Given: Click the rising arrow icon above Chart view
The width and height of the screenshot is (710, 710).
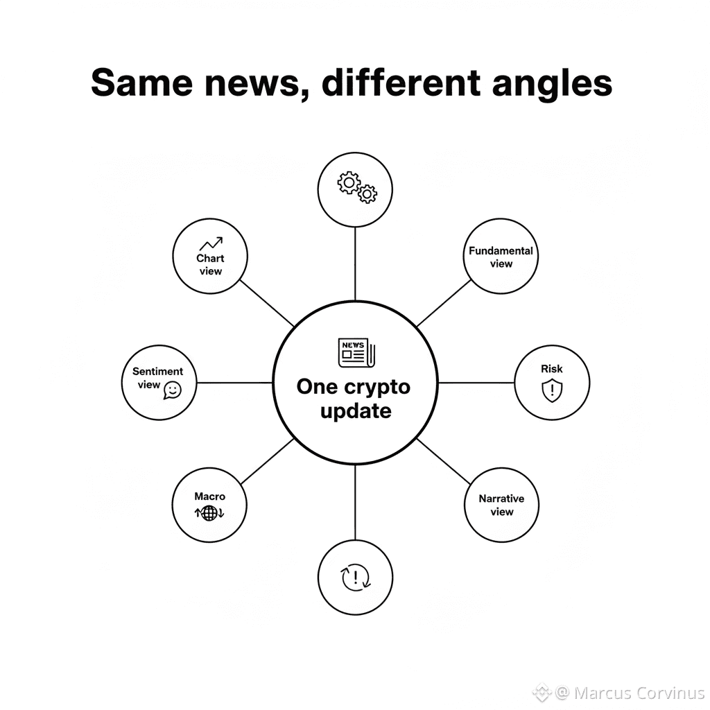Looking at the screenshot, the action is pyautogui.click(x=211, y=243).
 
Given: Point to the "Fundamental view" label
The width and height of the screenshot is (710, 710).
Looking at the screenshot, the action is pyautogui.click(x=501, y=257).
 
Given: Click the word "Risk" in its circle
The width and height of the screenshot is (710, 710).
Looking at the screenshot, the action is pyautogui.click(x=552, y=369).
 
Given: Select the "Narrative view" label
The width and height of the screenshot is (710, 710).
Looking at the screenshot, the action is pyautogui.click(x=501, y=505).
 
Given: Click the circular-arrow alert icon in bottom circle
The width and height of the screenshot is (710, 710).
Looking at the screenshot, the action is pyautogui.click(x=356, y=578).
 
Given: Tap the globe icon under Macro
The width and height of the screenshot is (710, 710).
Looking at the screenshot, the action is pyautogui.click(x=209, y=513).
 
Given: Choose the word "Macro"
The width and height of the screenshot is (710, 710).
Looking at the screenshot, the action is pyautogui.click(x=209, y=496).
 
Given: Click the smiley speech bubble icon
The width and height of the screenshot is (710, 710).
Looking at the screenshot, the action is pyautogui.click(x=171, y=390).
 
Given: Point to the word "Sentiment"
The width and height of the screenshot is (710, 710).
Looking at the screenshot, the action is pyautogui.click(x=158, y=372).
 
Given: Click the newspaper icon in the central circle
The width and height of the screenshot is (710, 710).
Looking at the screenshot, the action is pyautogui.click(x=356, y=353).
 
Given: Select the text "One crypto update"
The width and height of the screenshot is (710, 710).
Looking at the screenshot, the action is pyautogui.click(x=354, y=399).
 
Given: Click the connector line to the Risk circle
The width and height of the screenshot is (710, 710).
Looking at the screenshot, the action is pyautogui.click(x=476, y=382).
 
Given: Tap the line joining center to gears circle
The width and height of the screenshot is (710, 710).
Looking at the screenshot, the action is pyautogui.click(x=355, y=263).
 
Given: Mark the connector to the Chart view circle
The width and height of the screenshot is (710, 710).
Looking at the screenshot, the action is pyautogui.click(x=268, y=304).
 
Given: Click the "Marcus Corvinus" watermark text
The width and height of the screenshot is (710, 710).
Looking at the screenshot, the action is pyautogui.click(x=639, y=693).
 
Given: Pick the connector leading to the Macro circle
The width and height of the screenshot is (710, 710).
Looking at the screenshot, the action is pyautogui.click(x=268, y=461).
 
